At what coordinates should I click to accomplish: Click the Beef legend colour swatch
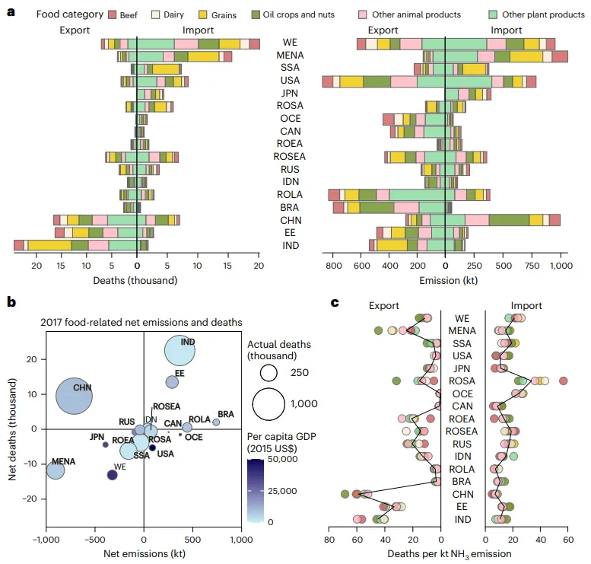[113, 14]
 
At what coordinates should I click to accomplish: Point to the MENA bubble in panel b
[56, 470]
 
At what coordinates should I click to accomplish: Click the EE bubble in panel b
[172, 381]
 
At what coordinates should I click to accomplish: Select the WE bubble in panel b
[112, 475]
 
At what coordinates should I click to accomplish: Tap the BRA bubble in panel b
[216, 422]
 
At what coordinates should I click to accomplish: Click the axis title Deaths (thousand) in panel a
[137, 280]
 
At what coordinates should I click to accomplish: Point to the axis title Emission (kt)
[445, 280]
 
